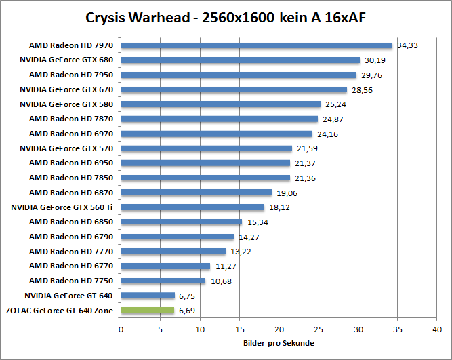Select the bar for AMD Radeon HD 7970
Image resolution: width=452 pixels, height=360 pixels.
point(256,45)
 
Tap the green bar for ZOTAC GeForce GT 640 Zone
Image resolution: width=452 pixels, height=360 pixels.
point(147,311)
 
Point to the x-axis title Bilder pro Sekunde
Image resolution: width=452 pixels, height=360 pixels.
point(278,344)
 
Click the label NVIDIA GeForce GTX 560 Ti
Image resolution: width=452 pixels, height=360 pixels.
point(62,207)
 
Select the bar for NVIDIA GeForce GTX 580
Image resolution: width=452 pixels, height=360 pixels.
point(220,104)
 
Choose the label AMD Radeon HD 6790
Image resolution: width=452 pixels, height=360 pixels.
point(70,237)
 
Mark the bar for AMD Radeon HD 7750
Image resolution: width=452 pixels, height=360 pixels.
point(163,281)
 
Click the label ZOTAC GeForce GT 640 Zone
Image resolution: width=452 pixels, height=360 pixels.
point(62,311)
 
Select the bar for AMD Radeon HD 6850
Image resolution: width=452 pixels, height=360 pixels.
point(181,222)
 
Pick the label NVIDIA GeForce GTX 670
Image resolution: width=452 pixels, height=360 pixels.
point(66,89)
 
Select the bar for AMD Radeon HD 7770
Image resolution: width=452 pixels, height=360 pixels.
point(173,252)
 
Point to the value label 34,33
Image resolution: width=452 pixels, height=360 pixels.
point(407,45)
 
